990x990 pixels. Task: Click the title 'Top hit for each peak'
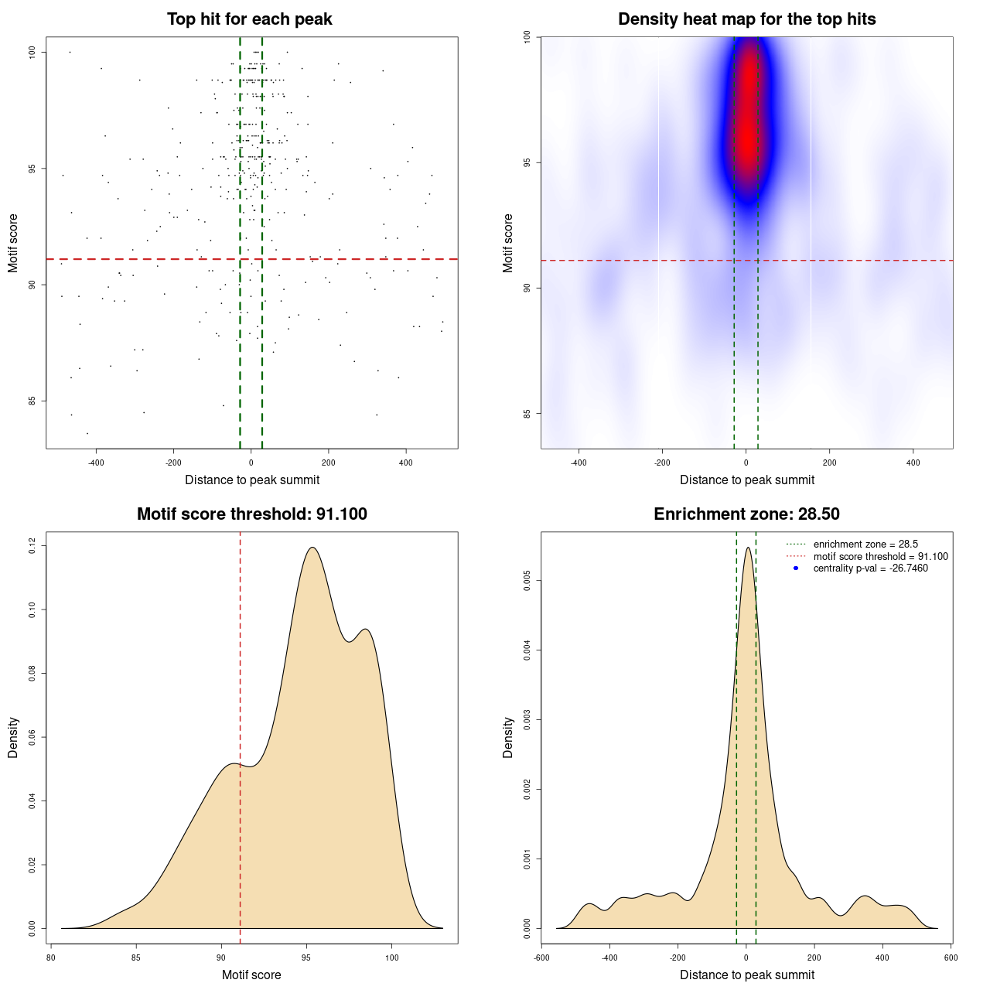[x=250, y=19]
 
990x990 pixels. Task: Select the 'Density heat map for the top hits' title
[x=746, y=19]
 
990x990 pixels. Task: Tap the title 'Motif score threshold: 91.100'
[x=251, y=514]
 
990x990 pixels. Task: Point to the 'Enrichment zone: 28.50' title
[x=746, y=514]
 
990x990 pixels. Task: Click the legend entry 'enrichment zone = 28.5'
[x=865, y=544]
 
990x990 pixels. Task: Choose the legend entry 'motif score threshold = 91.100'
[x=880, y=557]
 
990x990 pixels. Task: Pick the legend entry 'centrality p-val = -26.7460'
[x=870, y=568]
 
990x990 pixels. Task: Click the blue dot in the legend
[x=796, y=568]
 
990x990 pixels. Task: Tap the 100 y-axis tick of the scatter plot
[x=32, y=52]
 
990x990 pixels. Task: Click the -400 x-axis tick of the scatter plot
[x=96, y=463]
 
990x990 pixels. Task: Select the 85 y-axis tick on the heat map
[x=527, y=413]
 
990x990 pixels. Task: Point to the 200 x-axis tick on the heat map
[x=829, y=463]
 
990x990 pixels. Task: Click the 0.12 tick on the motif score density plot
[x=32, y=546]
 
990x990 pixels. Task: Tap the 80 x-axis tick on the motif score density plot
[x=51, y=958]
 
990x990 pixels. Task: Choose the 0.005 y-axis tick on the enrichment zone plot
[x=527, y=581]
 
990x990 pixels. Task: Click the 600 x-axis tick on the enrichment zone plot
[x=951, y=958]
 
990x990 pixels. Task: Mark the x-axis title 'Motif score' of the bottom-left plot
[x=251, y=975]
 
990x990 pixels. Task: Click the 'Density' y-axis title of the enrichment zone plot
[x=508, y=737]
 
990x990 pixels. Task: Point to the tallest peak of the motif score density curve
[x=312, y=548]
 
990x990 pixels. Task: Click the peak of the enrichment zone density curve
[x=747, y=548]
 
